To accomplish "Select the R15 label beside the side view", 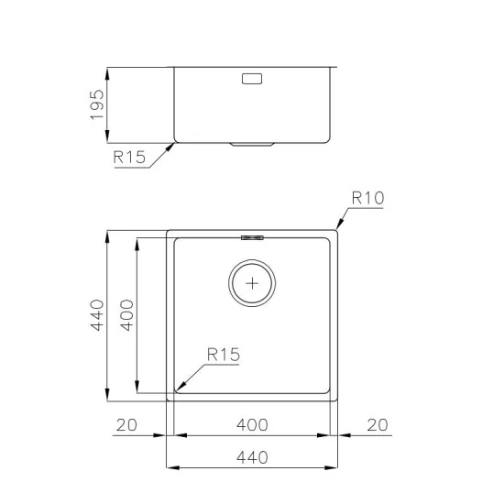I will pos(129,158).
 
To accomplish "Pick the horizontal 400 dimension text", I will pos(251,424).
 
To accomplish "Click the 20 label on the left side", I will pos(126,424).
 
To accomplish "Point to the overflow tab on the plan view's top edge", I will pos(251,236).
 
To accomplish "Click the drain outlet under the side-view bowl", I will pos(251,145).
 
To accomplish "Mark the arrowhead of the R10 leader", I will pos(337,228).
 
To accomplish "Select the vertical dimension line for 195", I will pos(108,104).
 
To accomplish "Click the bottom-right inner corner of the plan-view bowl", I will pos(329,393).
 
